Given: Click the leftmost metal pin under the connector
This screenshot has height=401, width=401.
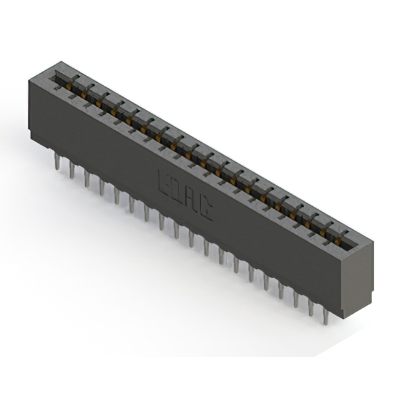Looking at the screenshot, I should (57, 161).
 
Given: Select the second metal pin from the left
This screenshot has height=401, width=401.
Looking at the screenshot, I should (71, 170).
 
